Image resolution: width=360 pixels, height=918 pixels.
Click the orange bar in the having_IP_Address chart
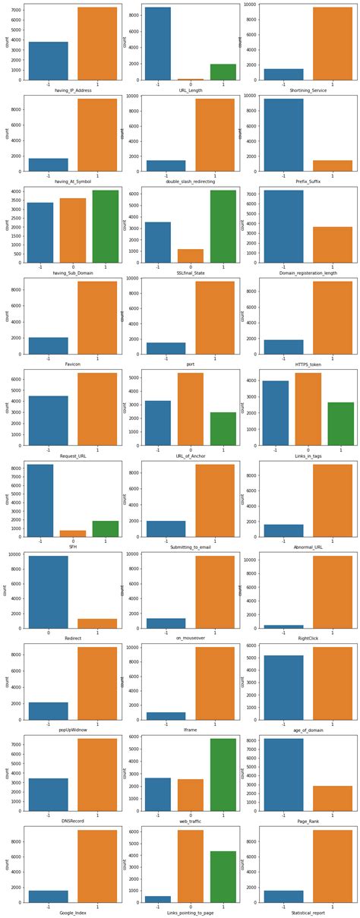tap(97, 43)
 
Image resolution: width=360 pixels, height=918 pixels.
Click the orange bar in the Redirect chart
tap(97, 623)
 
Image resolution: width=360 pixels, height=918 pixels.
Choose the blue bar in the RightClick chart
tap(282, 626)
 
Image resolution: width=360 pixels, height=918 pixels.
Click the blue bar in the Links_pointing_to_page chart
tap(156, 899)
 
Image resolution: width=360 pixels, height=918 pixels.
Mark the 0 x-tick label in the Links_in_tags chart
tap(307, 450)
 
